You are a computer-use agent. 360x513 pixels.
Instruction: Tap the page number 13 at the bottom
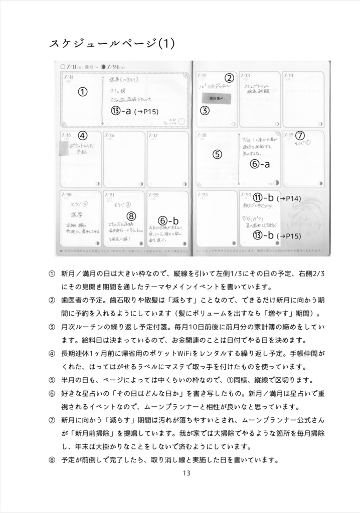click(x=187, y=473)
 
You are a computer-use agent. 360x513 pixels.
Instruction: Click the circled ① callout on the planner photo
click(x=83, y=92)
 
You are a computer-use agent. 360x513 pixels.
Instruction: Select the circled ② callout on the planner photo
click(x=229, y=78)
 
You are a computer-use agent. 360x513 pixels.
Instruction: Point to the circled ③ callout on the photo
click(x=205, y=111)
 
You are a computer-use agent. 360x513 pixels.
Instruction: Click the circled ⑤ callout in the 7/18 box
click(x=217, y=154)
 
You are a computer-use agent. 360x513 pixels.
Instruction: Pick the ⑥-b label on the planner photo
click(x=168, y=220)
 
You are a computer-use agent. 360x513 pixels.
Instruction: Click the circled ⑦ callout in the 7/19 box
click(x=300, y=135)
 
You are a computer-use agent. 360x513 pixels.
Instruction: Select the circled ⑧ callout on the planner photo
click(x=131, y=216)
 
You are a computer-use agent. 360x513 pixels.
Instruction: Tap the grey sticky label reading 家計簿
click(x=215, y=99)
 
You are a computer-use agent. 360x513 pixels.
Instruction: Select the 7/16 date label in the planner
click(x=109, y=136)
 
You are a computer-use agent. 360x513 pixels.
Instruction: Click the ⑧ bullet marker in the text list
click(x=52, y=459)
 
